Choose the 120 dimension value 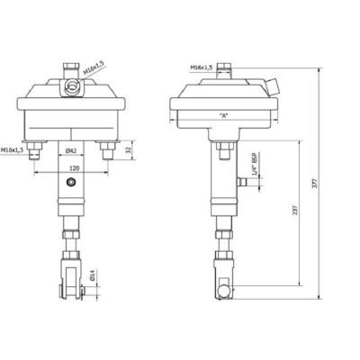point(70,167)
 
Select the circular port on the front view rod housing point(71,183)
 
